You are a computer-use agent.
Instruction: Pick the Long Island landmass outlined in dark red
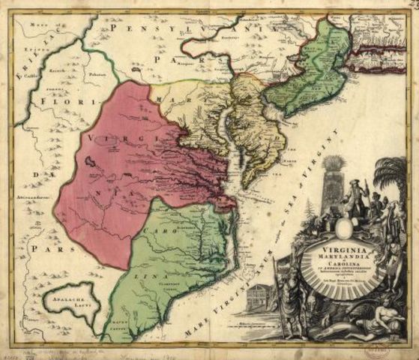(382, 53)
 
